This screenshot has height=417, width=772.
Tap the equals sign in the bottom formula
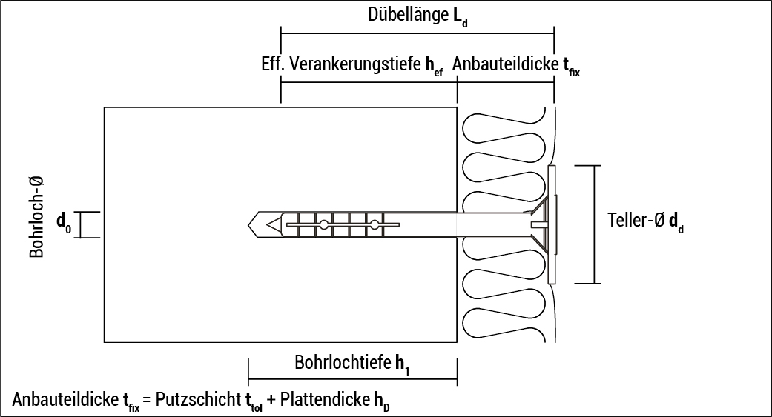[147, 401]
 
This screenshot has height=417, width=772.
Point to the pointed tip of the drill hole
[253, 224]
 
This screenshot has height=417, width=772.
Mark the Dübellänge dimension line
[418, 33]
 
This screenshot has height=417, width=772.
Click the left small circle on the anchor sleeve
[324, 224]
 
